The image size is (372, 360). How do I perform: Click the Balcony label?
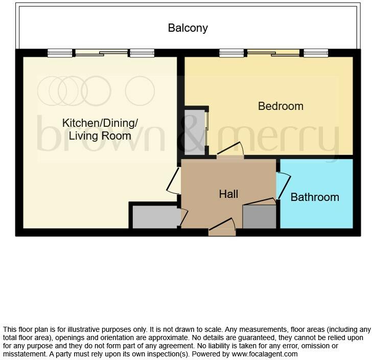pos(188,28)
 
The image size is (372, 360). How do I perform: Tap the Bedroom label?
pos(281,106)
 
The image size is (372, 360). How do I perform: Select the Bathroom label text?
pos(315,197)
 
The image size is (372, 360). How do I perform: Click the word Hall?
pos(228,194)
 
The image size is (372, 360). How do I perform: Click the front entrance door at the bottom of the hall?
pos(222,229)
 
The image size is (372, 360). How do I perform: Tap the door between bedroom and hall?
pos(230,151)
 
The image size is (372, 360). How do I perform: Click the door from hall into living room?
pos(173,182)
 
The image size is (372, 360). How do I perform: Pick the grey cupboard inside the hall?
pos(259,216)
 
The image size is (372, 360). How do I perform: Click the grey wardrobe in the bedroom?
pos(194,131)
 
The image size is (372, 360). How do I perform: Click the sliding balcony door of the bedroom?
pos(273,53)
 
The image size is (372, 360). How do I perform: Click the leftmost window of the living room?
pos(60,53)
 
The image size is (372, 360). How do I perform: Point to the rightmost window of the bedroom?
pos(315,53)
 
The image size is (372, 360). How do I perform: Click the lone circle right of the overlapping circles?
pos(139,91)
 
